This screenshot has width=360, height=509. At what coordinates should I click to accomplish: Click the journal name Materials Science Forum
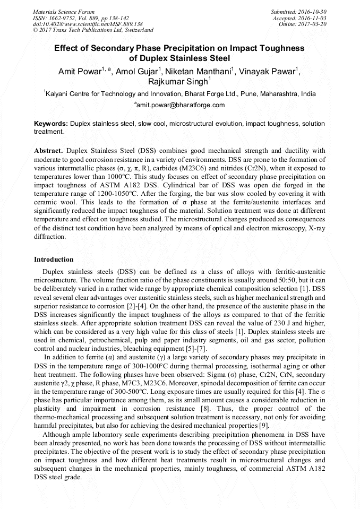(64, 12)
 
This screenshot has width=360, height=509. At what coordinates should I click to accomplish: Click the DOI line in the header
(88, 24)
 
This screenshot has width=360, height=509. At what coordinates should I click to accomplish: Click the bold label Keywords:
(51, 123)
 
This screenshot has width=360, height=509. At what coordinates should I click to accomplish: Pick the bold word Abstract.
(49, 151)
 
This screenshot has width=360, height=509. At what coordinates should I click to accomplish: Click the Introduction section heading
(54, 260)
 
